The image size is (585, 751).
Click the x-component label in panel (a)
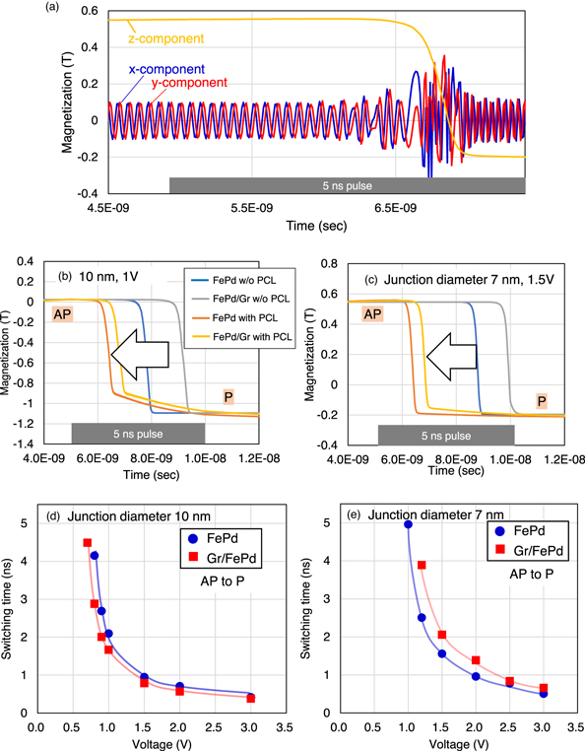pyautogui.click(x=165, y=70)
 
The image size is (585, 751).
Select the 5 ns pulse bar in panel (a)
pyautogui.click(x=347, y=184)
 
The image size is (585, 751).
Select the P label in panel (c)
pyautogui.click(x=543, y=400)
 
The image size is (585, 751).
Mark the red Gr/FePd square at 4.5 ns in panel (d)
pyautogui.click(x=88, y=543)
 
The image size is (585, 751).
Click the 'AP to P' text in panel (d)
pyautogui.click(x=218, y=582)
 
